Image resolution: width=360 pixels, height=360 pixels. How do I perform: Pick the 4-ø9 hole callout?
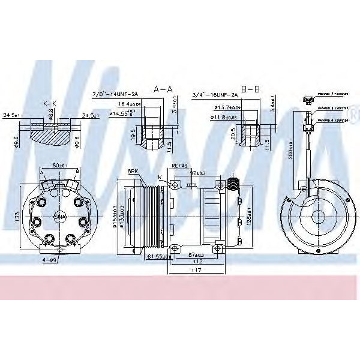point(49,260)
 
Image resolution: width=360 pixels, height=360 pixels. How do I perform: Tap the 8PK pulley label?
point(133,172)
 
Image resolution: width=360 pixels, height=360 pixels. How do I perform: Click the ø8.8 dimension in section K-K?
point(52,112)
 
